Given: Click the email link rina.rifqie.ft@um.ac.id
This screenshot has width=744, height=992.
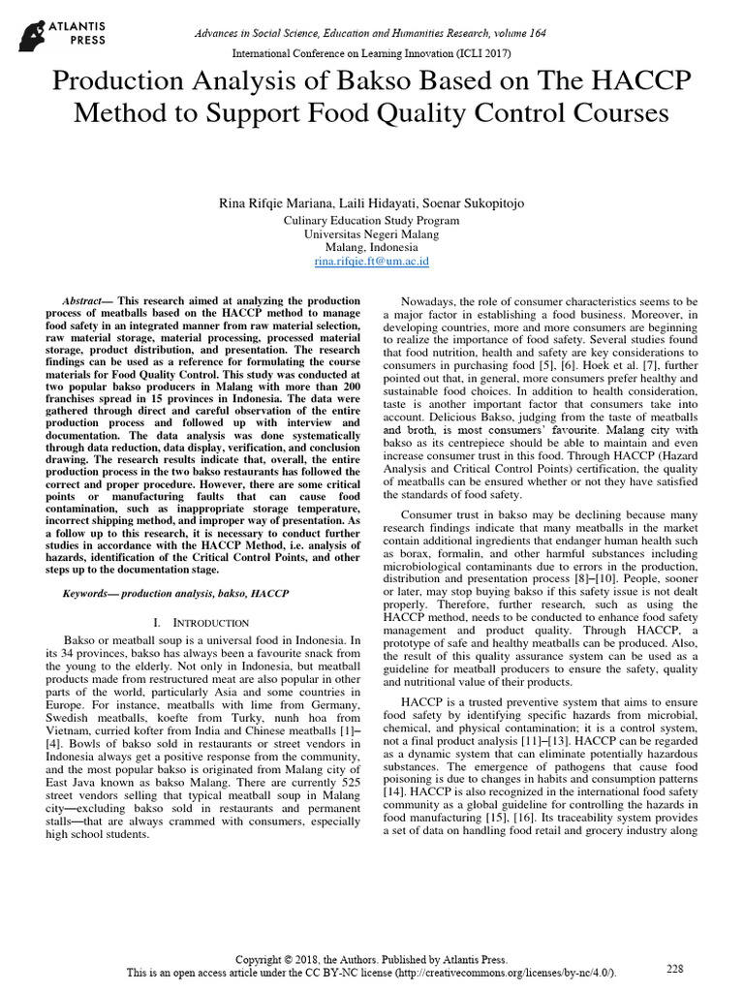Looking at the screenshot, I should point(372,262).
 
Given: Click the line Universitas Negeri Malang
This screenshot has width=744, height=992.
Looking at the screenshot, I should point(372,234).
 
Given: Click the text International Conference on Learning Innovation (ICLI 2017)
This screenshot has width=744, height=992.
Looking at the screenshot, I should point(372,53).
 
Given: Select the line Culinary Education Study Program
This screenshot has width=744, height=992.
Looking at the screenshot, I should point(372,220).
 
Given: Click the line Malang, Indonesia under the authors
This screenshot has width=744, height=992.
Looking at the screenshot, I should point(372,248).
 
